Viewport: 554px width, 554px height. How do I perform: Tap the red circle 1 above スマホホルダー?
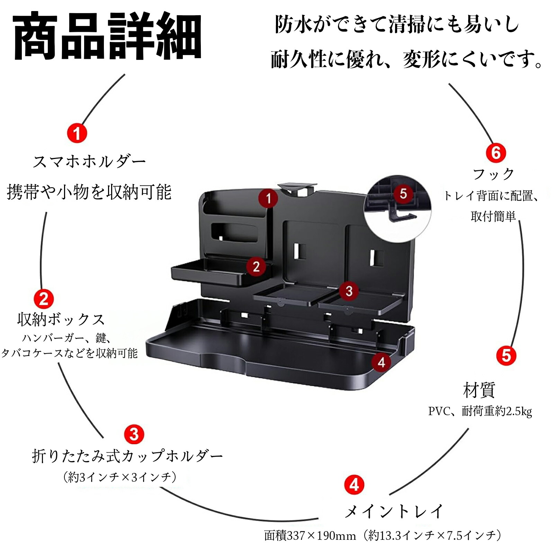77,133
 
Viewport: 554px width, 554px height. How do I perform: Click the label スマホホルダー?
89,162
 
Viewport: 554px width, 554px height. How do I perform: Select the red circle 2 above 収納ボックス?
44,299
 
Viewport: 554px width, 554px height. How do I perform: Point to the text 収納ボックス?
61,319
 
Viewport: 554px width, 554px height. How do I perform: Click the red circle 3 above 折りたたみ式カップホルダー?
134,434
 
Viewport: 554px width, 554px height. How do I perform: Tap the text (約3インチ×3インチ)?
120,477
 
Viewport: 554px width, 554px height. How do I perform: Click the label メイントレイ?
394,511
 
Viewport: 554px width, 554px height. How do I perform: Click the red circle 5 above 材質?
506,356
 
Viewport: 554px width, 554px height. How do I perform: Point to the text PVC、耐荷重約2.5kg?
480,411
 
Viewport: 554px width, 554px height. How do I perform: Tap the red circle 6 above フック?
496,153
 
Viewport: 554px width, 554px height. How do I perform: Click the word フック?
493,174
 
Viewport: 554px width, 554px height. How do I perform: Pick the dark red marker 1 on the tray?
268,198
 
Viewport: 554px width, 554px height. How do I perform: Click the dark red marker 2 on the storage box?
256,267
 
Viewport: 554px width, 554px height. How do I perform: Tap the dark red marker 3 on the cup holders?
349,291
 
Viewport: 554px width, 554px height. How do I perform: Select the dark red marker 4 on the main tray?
381,362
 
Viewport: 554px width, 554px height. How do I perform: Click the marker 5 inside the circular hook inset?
403,194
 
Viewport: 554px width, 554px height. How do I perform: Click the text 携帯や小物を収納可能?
89,192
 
